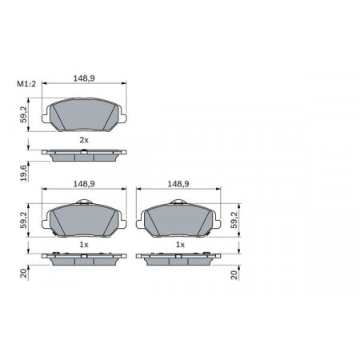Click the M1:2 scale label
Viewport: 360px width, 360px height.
[x=26, y=84]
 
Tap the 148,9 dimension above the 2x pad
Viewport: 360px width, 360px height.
[x=84, y=78]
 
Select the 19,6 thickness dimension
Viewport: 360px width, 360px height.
[x=24, y=173]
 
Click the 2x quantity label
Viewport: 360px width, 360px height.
[x=84, y=140]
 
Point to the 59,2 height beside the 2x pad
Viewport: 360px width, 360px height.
[x=24, y=114]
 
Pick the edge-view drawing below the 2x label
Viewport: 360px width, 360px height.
[x=84, y=155]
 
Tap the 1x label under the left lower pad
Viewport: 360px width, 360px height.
[x=84, y=245]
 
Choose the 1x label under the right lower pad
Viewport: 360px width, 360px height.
[x=180, y=245]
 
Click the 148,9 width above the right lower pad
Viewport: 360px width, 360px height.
[x=178, y=184]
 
